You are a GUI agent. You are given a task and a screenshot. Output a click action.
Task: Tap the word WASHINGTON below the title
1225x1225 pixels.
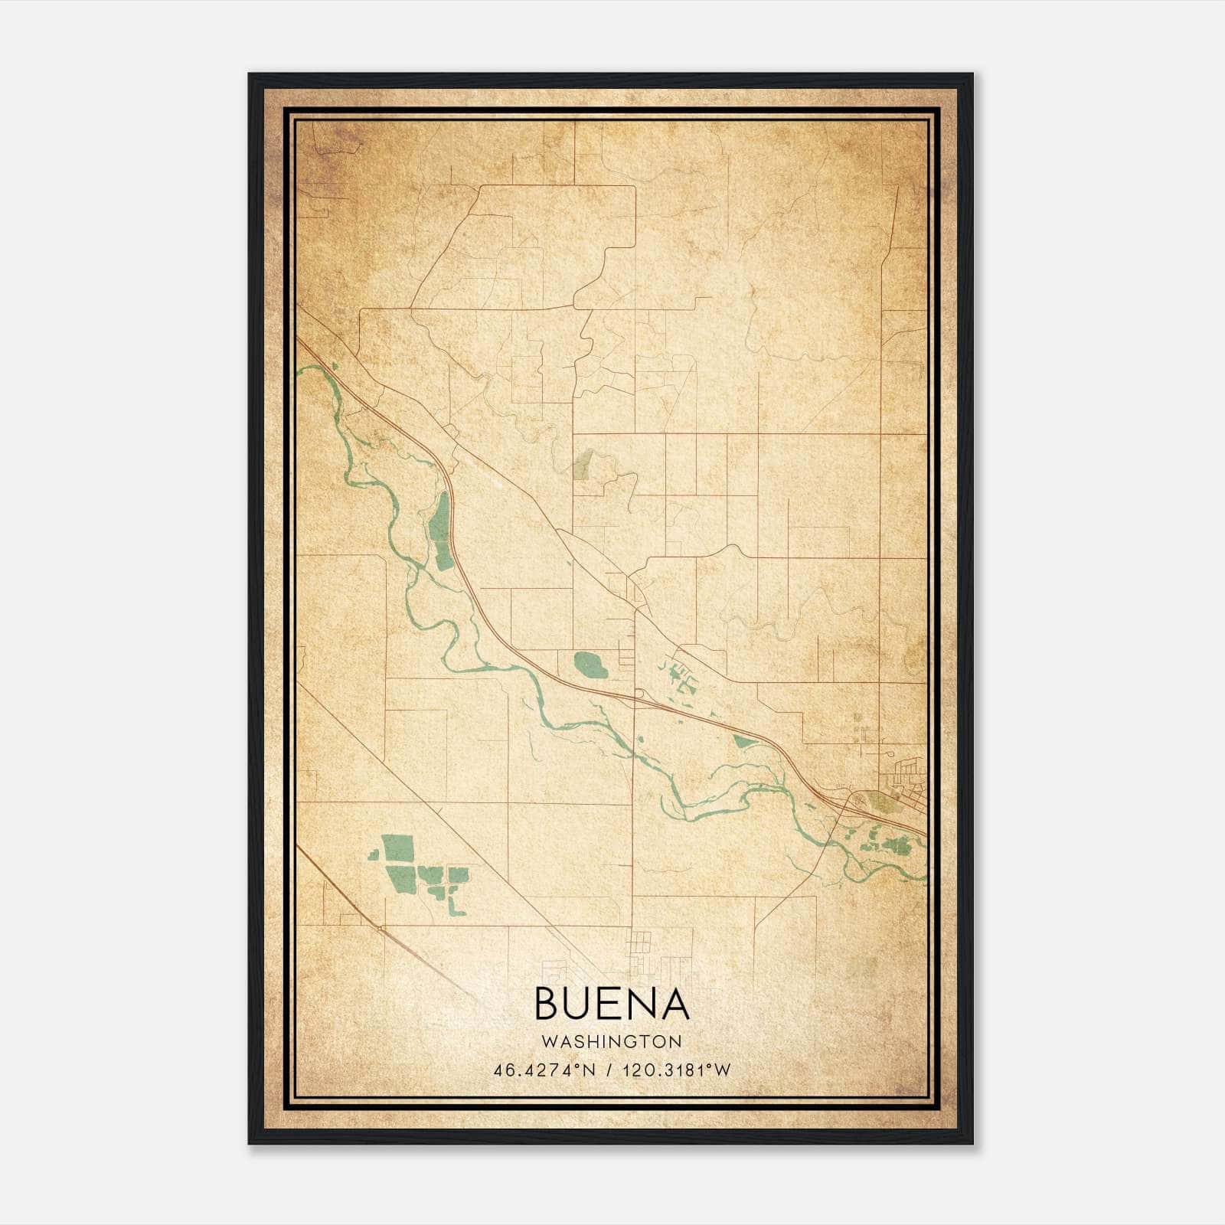(612, 1041)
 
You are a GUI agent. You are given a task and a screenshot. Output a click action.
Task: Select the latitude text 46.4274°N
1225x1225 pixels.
(544, 1070)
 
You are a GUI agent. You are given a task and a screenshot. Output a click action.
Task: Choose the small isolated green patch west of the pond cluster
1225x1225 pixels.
(374, 854)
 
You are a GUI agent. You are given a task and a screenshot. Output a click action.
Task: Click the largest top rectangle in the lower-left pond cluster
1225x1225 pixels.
(397, 849)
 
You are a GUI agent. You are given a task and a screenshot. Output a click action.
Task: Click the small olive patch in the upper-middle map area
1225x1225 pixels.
(583, 464)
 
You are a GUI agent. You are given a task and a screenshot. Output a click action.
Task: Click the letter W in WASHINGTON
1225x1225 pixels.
(548, 1041)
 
